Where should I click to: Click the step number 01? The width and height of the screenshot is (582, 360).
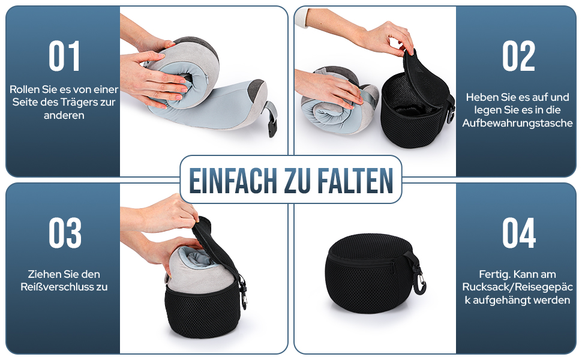(64, 56)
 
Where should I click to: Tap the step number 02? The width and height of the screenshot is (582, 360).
(518, 56)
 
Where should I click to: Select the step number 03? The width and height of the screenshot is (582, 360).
(65, 233)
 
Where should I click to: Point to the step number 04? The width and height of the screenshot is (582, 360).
(519, 233)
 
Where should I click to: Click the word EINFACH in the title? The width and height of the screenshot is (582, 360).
(233, 181)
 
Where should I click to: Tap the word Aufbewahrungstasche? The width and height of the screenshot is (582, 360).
(517, 123)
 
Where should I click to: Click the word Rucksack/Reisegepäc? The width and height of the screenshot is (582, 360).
(517, 287)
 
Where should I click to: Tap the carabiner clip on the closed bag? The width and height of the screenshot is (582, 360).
(421, 283)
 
